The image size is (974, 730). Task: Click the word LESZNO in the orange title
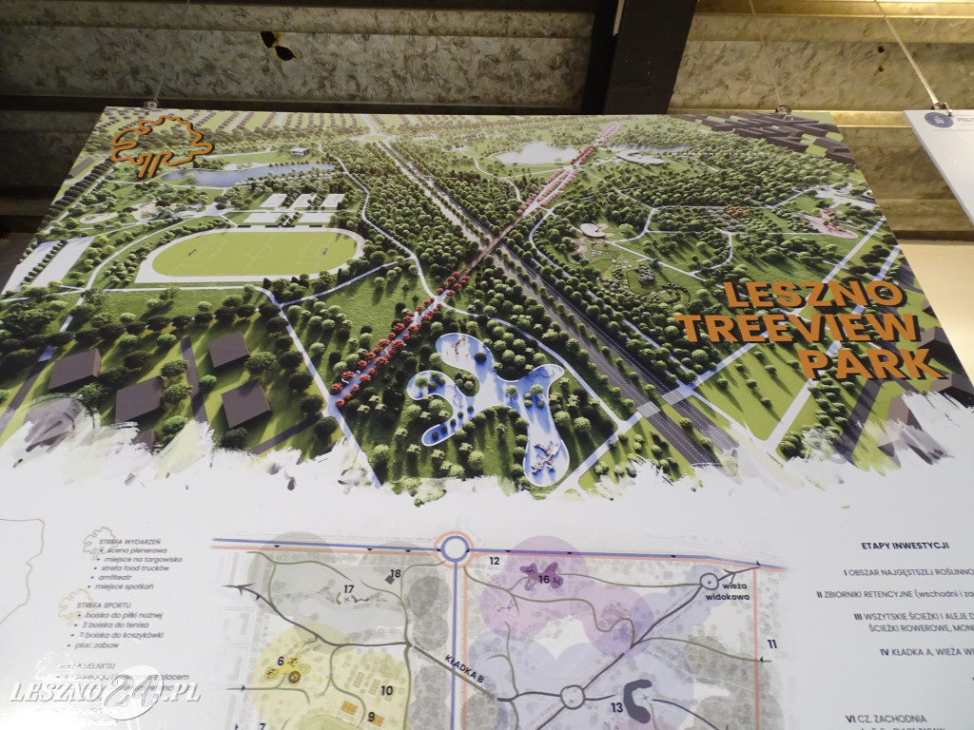click(810, 294)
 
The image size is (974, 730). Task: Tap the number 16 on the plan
click(544, 578)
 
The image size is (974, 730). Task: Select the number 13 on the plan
click(617, 706)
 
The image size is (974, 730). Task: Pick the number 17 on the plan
click(349, 590)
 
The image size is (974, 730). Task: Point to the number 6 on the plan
click(282, 662)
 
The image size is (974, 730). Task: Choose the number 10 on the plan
click(386, 691)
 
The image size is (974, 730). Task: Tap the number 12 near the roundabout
click(495, 561)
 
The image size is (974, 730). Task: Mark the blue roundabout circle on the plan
click(454, 547)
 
